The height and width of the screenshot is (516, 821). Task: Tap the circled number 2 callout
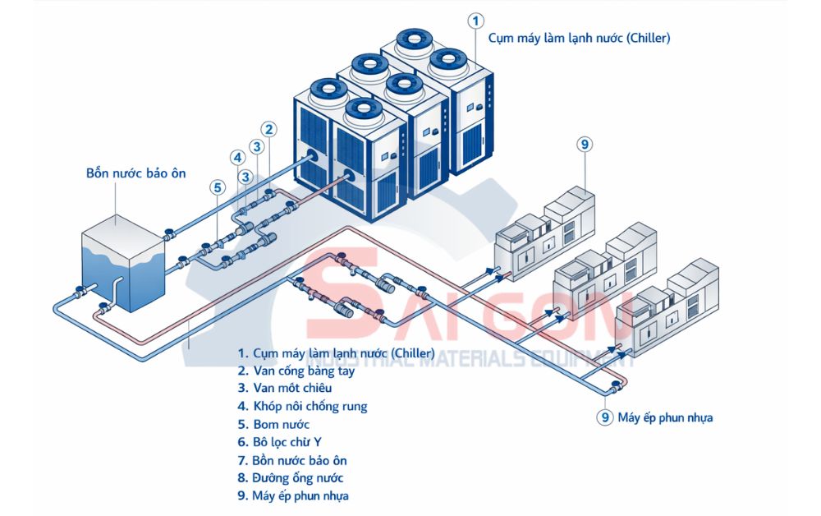[x=268, y=129]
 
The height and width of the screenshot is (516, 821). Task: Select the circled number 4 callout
[x=237, y=158]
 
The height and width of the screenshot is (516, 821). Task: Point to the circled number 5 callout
[x=217, y=187]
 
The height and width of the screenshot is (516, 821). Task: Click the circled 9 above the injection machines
[x=584, y=145]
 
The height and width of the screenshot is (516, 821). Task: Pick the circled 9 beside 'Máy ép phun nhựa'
[x=604, y=417]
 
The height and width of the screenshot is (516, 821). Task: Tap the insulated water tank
[x=123, y=263]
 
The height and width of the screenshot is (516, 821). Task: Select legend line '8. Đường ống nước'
[x=291, y=478]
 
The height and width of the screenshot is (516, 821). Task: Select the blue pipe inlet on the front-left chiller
[x=312, y=155]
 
